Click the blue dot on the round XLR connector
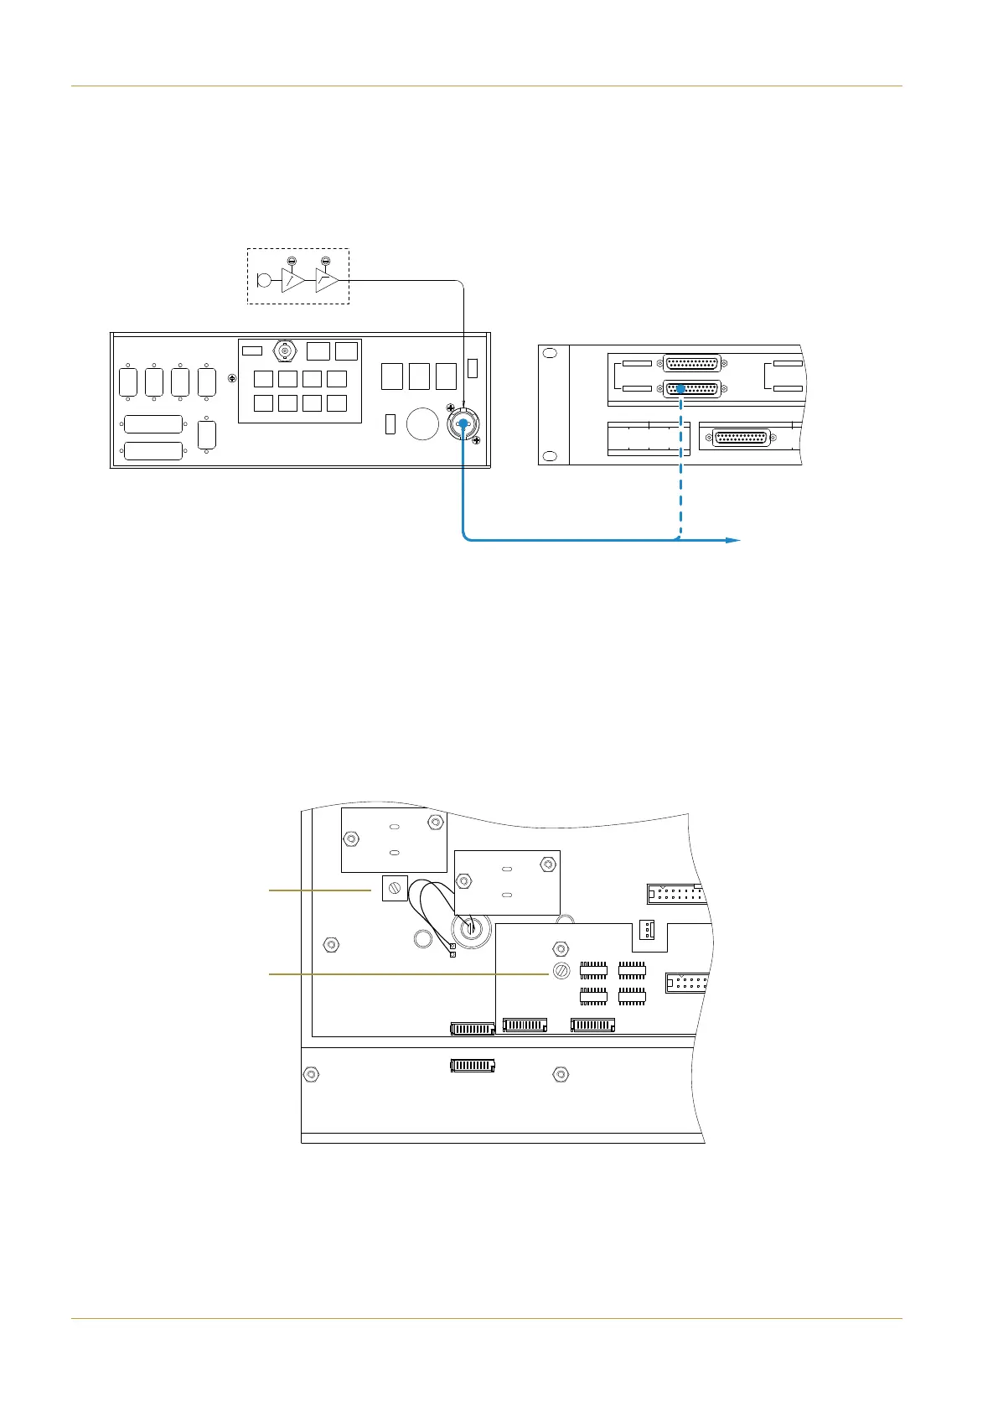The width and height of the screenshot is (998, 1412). click(x=461, y=425)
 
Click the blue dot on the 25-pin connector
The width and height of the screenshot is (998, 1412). click(x=681, y=389)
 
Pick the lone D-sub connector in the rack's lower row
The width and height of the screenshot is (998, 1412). click(x=741, y=439)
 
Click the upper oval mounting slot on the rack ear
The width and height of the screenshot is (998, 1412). click(x=550, y=354)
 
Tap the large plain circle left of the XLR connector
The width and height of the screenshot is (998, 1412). click(x=422, y=424)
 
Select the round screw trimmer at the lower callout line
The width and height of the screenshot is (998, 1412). click(x=561, y=972)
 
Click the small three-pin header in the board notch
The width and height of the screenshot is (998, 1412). click(x=647, y=929)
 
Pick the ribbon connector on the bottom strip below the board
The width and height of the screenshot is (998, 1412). click(x=473, y=1066)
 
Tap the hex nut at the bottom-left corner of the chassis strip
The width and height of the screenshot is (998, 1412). click(x=311, y=1074)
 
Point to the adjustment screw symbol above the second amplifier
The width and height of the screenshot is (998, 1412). click(x=325, y=261)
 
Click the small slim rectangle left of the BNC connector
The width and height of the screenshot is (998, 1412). click(x=252, y=350)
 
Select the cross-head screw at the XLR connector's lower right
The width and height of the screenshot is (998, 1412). click(x=477, y=440)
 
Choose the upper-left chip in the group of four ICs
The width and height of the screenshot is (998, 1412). click(x=593, y=971)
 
